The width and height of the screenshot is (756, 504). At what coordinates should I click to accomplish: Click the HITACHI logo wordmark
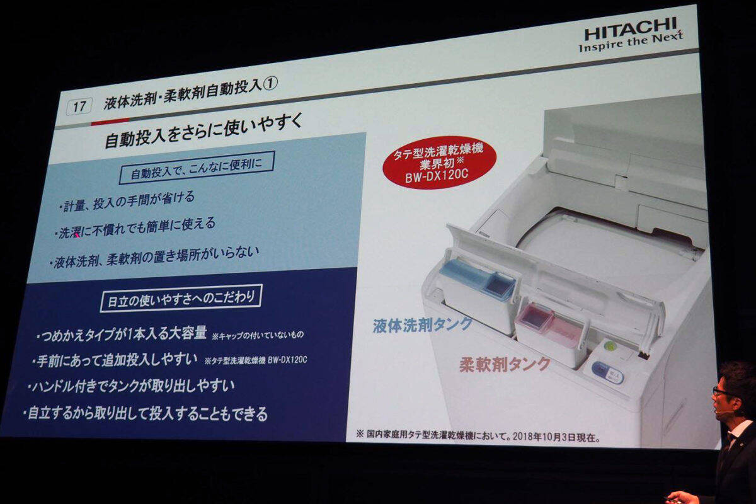click(631, 28)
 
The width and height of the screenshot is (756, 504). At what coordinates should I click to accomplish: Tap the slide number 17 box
click(79, 106)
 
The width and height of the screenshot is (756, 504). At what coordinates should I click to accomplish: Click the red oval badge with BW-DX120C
click(438, 163)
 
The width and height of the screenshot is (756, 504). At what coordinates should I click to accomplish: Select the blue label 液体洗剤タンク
click(422, 324)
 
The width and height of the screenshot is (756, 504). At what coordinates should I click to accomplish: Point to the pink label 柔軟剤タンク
click(505, 364)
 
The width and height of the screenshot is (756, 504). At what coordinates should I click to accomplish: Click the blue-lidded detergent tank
click(479, 294)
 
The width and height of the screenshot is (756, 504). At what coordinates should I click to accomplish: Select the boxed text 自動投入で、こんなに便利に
click(197, 168)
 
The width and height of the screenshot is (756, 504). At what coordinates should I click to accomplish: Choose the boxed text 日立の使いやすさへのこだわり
click(181, 299)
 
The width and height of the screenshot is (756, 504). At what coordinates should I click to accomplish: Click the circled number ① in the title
click(270, 84)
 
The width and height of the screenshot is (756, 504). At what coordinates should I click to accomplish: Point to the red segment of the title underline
click(110, 121)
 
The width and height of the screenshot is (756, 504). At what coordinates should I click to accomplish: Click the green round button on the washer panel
click(609, 346)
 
